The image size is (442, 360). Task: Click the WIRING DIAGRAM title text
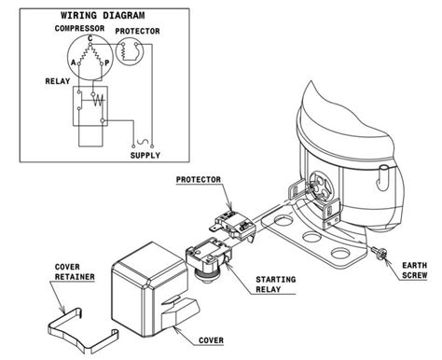102,16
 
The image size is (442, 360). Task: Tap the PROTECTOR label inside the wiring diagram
137,31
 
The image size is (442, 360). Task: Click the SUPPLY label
145,156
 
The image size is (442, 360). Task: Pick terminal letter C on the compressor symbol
90,40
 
